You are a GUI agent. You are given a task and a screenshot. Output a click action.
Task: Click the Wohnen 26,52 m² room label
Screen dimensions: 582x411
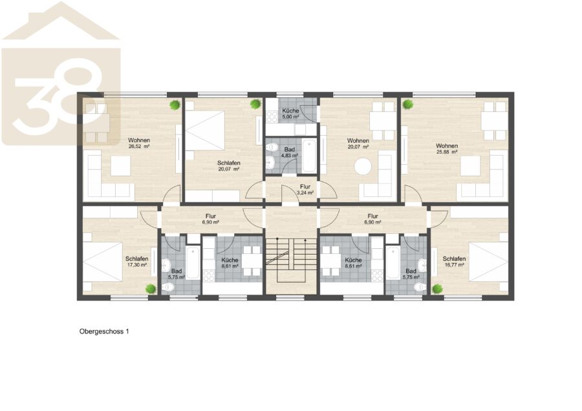pos(139,143)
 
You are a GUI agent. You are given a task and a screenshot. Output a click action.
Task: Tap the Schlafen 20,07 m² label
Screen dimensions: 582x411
pos(229,166)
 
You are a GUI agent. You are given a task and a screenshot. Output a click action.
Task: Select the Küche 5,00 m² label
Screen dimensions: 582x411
pos(290,114)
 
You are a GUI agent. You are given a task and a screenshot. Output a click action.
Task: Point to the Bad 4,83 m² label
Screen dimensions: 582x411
pos(290,153)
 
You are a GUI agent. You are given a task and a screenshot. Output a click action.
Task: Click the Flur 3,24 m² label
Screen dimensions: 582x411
pos(305,189)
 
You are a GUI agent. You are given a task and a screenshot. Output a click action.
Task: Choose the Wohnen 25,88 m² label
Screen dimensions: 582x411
pos(447,149)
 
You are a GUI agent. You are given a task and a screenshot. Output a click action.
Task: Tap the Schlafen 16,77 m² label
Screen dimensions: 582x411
pos(454,262)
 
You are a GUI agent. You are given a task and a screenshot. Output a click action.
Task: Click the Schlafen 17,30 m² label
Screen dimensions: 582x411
pos(137,262)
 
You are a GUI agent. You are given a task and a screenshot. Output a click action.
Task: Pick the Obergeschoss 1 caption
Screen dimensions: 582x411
pos(104,332)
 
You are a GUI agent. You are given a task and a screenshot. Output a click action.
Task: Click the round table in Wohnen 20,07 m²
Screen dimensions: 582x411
pos(363,166)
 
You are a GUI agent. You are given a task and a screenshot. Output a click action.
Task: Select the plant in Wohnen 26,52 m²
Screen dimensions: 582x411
pos(175,105)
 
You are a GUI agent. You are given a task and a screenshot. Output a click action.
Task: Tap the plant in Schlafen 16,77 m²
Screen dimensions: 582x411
pos(438,289)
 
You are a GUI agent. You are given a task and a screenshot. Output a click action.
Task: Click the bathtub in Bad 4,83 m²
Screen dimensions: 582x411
pos(309,156)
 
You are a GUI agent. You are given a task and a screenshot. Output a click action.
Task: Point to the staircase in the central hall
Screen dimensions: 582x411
pos(292,257)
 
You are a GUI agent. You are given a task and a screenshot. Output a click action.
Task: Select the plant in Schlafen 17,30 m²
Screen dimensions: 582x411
pos(150,289)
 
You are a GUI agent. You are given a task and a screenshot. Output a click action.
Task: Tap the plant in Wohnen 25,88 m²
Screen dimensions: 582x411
pos(408,105)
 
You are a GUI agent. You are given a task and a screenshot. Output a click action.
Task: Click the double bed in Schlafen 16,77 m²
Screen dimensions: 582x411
pos(488,262)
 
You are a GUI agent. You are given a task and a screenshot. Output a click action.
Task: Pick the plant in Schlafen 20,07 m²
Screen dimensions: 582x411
pos(255,104)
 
